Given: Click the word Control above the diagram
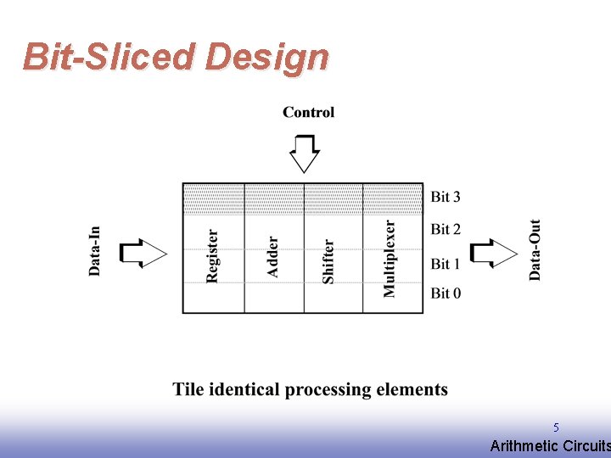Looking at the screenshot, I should (x=308, y=112).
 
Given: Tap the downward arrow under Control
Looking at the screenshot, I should (x=305, y=153).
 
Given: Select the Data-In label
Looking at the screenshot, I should (x=95, y=250).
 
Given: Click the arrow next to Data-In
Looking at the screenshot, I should (x=143, y=253).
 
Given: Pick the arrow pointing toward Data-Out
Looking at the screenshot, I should (x=493, y=253).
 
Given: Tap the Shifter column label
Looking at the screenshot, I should (x=328, y=260).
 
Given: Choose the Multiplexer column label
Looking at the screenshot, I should (x=390, y=259).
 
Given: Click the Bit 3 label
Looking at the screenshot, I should (x=446, y=198).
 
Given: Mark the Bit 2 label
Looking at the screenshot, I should (x=446, y=229).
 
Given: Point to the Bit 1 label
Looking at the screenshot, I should (x=446, y=264).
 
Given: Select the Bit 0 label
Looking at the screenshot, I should (x=446, y=293).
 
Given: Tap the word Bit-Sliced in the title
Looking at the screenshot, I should (x=109, y=57).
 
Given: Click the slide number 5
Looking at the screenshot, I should (x=556, y=427).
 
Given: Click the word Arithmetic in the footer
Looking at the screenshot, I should (x=524, y=446).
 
